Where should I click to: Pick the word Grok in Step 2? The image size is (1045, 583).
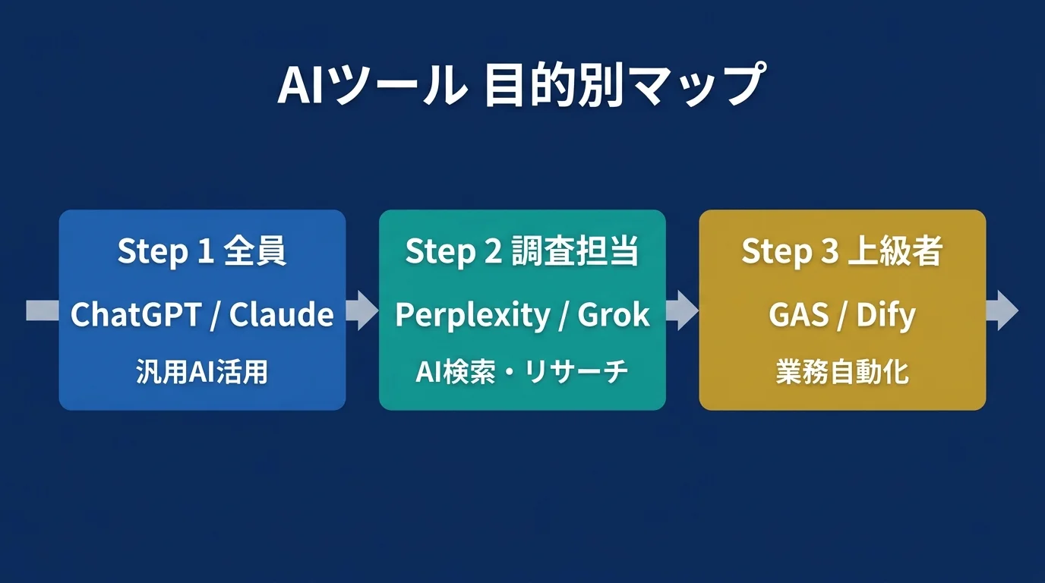click(614, 314)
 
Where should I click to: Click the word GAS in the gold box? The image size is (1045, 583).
click(797, 314)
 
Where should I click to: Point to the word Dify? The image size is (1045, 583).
click(886, 314)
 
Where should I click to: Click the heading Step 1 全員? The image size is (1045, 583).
click(202, 252)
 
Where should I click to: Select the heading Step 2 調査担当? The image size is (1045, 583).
click(522, 252)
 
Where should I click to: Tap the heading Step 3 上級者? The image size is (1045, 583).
click(841, 252)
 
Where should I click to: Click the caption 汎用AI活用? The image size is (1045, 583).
click(202, 372)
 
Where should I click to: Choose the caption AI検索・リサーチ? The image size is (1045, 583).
click(522, 372)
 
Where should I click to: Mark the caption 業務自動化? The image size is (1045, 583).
click(842, 372)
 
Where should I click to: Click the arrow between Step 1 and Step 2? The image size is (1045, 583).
click(363, 310)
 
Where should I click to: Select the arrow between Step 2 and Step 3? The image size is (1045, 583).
click(683, 310)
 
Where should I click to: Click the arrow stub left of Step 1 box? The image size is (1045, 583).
click(43, 310)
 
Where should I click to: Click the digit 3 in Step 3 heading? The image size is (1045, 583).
click(829, 252)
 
